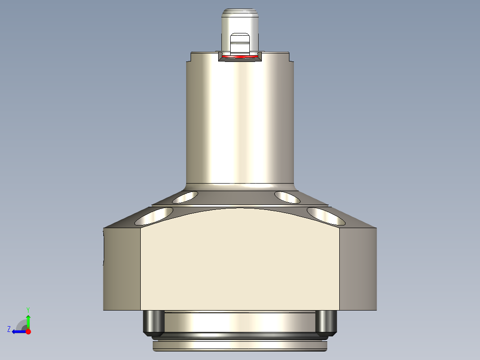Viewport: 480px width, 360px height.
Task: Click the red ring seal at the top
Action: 240,57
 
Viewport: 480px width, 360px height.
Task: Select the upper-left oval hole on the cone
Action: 185,196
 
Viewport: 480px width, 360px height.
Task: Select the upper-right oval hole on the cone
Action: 288,196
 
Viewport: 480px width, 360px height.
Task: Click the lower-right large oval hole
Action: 326,216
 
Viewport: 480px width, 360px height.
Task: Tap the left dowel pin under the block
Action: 153,323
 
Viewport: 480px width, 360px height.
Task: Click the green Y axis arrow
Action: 28,320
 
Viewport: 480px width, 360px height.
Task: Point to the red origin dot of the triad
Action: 28,331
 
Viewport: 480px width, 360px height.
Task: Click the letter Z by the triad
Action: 9,329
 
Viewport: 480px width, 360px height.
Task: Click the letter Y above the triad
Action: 28,309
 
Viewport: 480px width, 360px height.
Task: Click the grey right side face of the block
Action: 358,270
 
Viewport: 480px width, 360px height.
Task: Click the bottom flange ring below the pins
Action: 240,344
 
